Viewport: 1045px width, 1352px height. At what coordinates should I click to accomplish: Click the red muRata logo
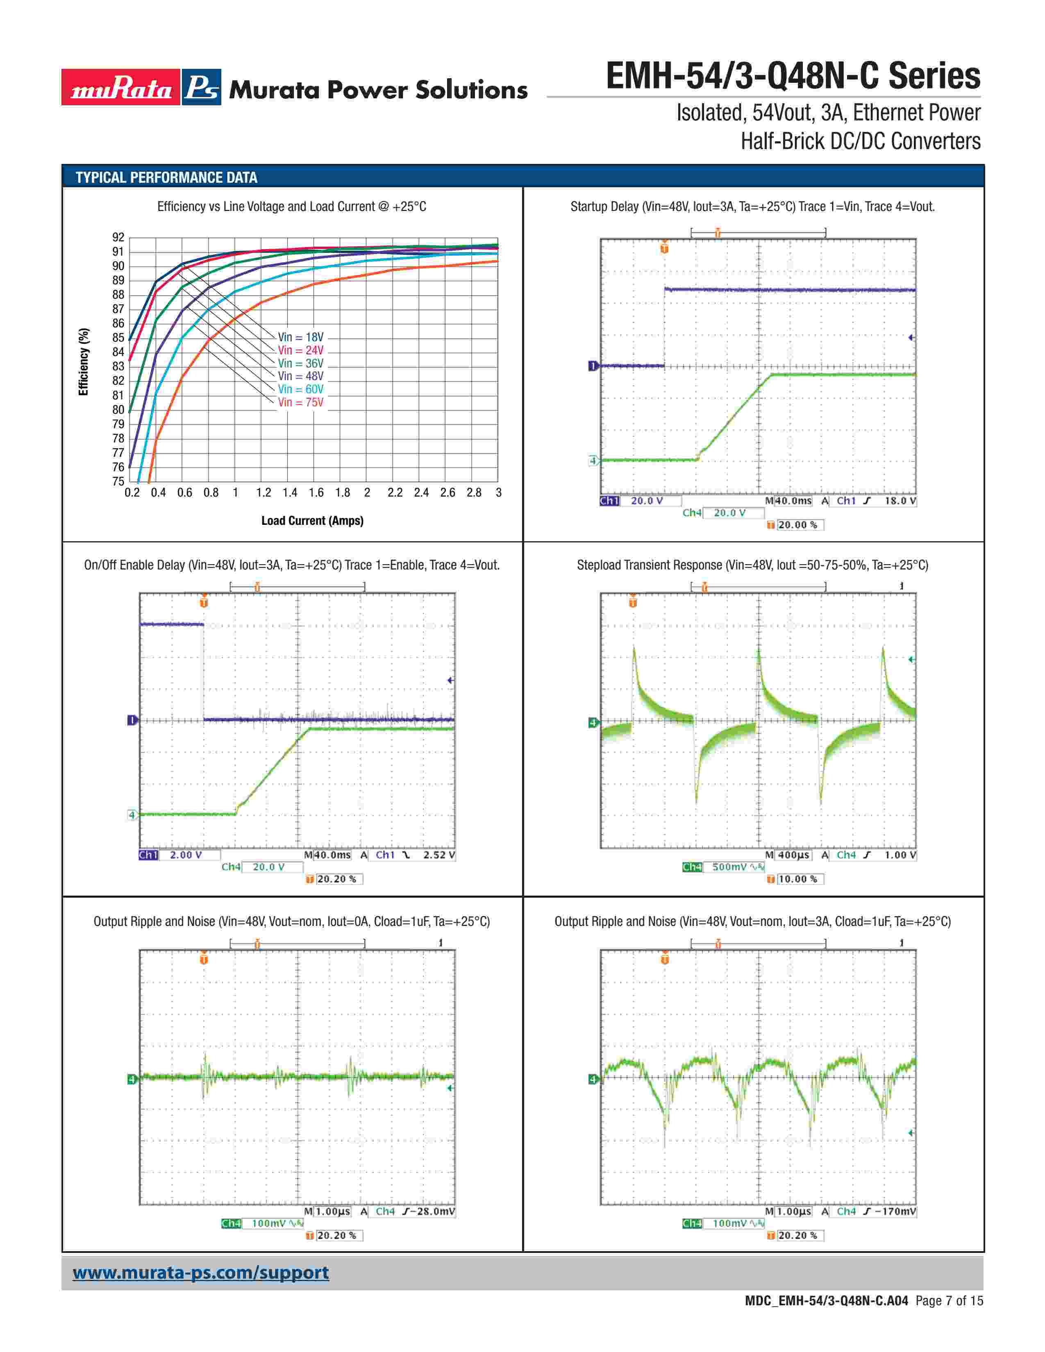tap(121, 87)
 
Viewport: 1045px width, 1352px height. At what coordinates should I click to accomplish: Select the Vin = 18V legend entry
tap(300, 337)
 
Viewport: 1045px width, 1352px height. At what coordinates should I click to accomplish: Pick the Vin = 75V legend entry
tap(300, 402)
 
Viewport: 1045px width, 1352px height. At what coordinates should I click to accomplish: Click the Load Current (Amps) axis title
tap(312, 521)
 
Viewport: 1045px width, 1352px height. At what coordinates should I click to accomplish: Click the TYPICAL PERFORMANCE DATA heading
tap(166, 178)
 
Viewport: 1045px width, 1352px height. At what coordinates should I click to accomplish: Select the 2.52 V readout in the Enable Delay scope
tap(439, 855)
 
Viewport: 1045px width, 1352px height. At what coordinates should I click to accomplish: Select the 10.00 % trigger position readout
tap(797, 879)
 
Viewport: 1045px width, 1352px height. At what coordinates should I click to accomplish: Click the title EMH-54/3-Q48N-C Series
tap(793, 76)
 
